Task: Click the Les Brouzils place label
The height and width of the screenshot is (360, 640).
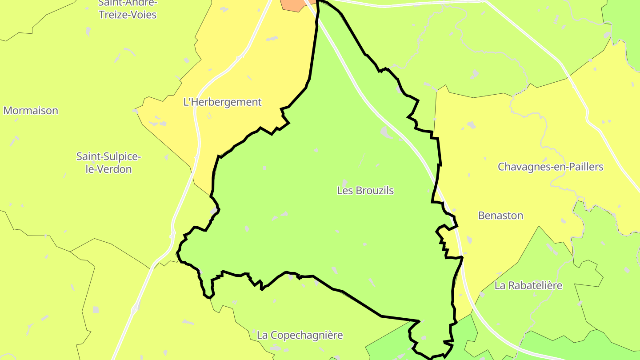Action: pyautogui.click(x=365, y=191)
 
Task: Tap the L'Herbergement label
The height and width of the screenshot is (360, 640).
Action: pyautogui.click(x=222, y=102)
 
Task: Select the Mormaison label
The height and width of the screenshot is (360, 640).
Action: pyautogui.click(x=31, y=111)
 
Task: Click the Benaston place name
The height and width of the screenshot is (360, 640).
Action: pyautogui.click(x=500, y=216)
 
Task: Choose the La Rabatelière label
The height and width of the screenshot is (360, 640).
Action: pyautogui.click(x=528, y=285)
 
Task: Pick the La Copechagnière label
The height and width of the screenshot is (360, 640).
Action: pyautogui.click(x=300, y=335)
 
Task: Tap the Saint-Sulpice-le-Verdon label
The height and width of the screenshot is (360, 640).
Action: pyautogui.click(x=108, y=163)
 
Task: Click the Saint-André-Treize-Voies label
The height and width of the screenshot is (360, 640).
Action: pyautogui.click(x=128, y=9)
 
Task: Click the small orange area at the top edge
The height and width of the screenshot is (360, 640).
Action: pyautogui.click(x=291, y=4)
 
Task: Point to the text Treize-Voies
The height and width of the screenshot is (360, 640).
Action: pyautogui.click(x=128, y=15)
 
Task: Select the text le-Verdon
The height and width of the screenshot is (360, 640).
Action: pyautogui.click(x=108, y=169)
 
